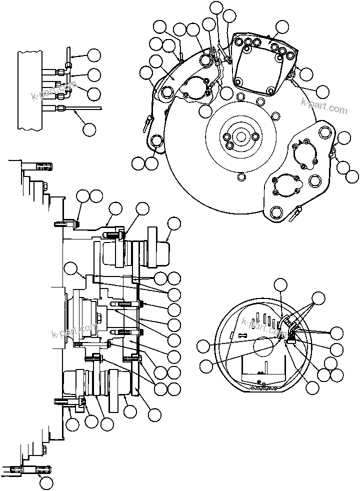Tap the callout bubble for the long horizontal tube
click(x=89, y=129)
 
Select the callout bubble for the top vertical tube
click(x=93, y=55)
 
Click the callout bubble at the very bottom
click(x=46, y=482)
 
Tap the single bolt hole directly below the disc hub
click(x=242, y=176)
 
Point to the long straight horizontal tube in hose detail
click(x=80, y=108)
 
